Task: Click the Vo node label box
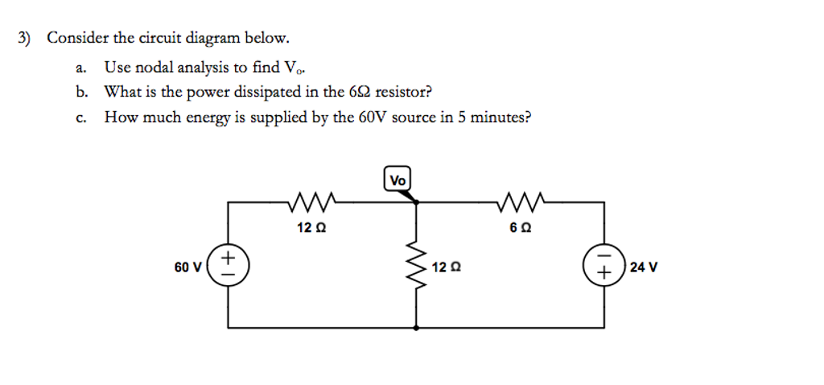pos(398,180)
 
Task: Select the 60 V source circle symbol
pos(228,266)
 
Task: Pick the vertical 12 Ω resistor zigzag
pos(416,266)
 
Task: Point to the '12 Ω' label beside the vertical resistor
pos(447,267)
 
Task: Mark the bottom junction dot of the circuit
pos(416,329)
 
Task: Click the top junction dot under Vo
pos(416,203)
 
